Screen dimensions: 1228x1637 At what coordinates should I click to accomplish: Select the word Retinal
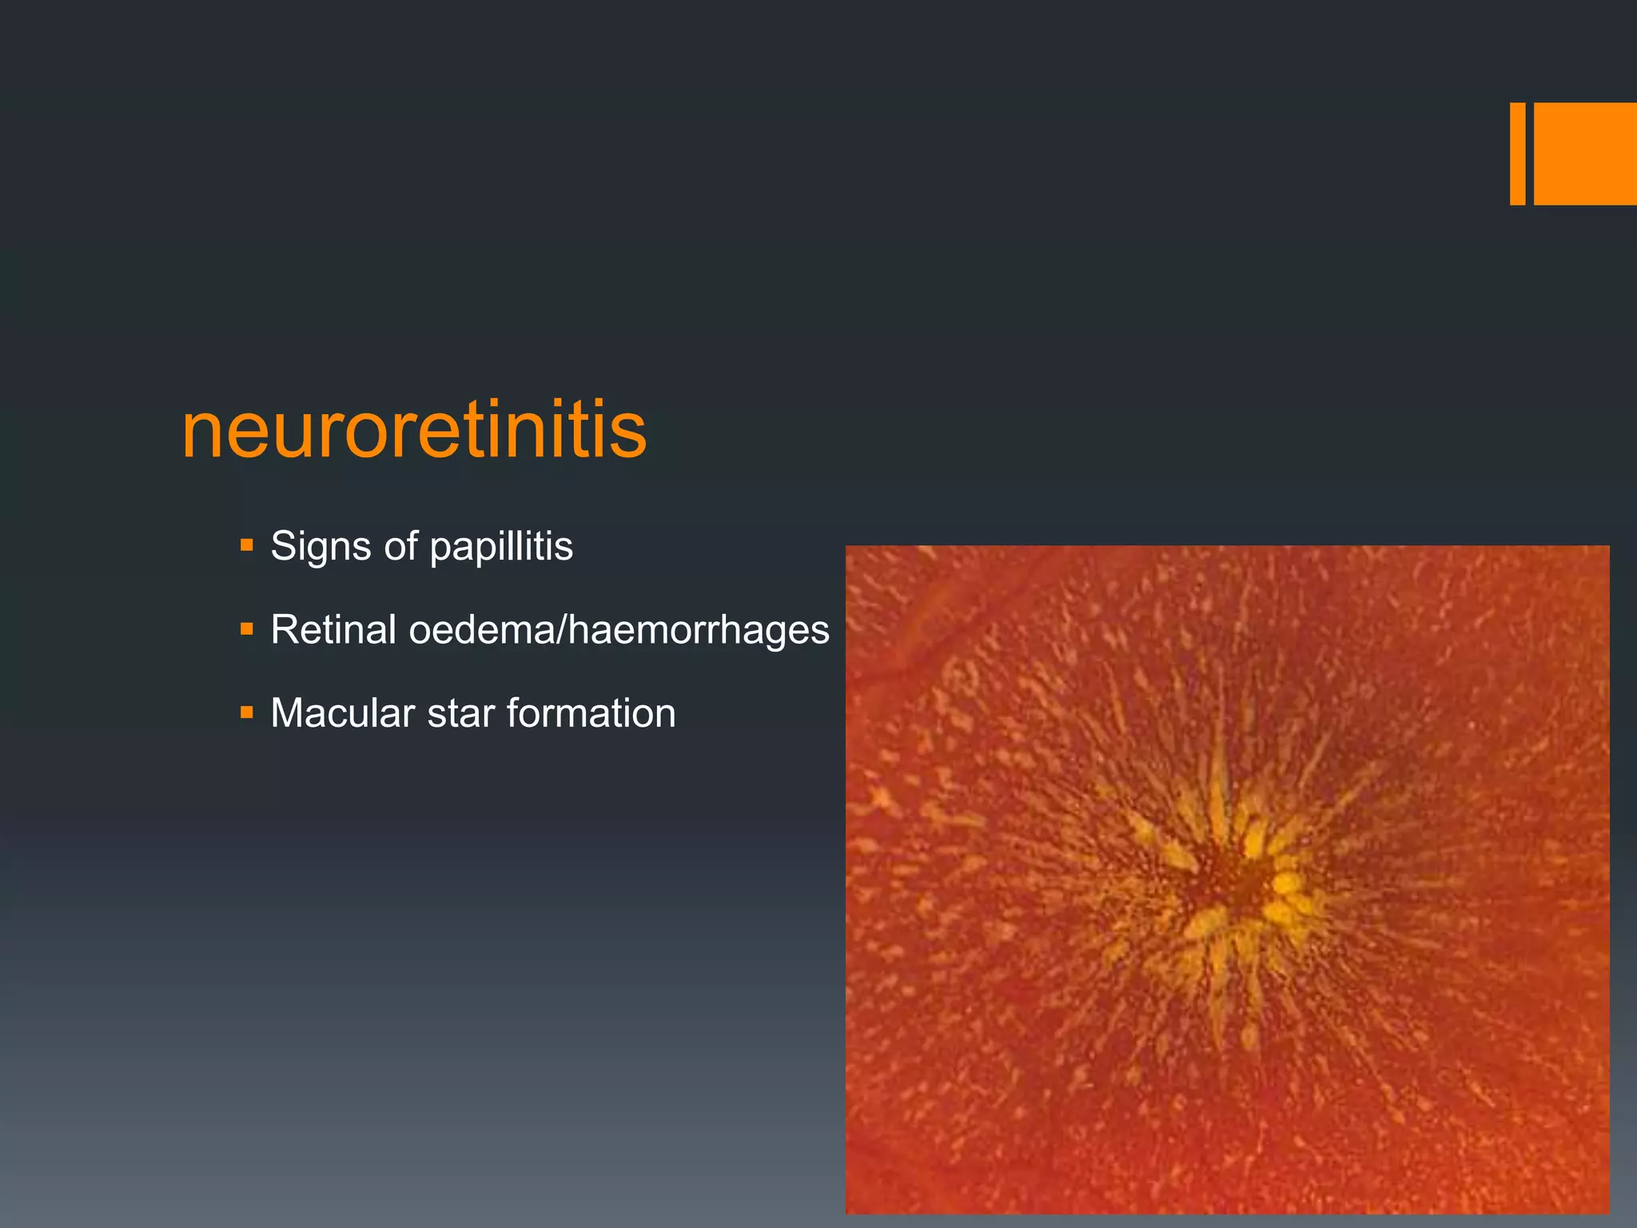pos(333,630)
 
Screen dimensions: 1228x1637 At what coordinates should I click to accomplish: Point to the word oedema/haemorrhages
pos(619,630)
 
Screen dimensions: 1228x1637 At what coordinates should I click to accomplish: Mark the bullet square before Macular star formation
pos(246,712)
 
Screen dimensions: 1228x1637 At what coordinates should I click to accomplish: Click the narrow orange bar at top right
pos(1517,153)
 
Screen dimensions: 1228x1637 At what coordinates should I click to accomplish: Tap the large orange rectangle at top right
pos(1584,153)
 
